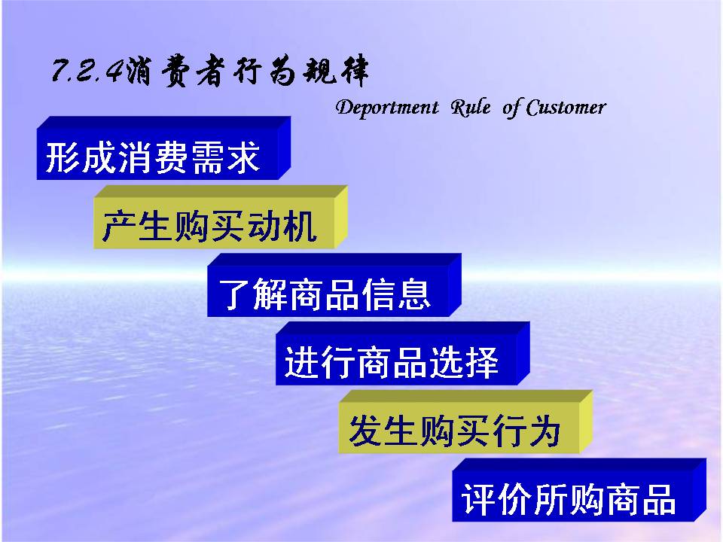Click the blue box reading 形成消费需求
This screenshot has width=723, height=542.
[x=163, y=148]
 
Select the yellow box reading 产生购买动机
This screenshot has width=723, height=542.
[x=220, y=217]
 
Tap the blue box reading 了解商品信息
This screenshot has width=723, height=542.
[x=334, y=285]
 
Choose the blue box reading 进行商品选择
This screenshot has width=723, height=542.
[x=402, y=354]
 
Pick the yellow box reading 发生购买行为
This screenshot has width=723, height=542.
[x=465, y=422]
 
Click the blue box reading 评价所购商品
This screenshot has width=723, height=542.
[x=579, y=490]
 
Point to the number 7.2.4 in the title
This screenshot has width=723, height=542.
[x=87, y=72]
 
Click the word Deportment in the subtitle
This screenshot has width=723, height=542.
[x=387, y=108]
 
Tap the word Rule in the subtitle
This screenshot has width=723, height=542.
[x=470, y=108]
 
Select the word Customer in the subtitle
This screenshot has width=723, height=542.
[x=566, y=108]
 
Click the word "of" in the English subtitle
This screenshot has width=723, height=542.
[x=511, y=108]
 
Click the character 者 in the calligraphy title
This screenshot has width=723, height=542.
[x=212, y=71]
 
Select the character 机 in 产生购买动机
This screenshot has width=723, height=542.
[x=300, y=225]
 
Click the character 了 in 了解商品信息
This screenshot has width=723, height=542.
[x=234, y=294]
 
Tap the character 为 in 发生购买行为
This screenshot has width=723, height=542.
[x=545, y=431]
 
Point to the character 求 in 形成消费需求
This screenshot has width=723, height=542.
[x=243, y=157]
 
